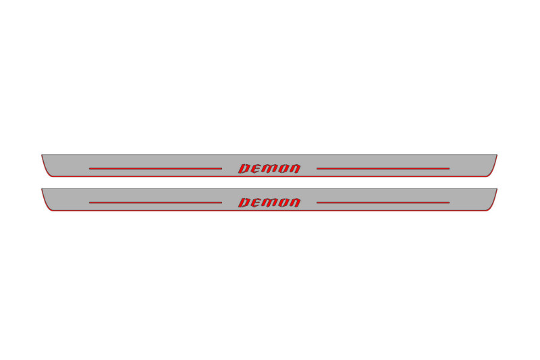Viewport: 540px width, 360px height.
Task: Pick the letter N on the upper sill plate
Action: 294,168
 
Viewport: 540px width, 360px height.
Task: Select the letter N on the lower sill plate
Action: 294,203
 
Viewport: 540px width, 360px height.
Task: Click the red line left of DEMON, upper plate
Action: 155,168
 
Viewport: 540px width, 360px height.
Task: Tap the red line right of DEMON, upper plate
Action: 383,168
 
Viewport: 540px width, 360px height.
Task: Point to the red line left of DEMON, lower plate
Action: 155,203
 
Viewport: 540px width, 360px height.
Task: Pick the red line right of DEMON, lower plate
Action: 383,203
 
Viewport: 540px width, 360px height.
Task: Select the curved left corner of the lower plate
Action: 45,205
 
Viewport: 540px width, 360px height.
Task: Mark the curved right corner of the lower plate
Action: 493,205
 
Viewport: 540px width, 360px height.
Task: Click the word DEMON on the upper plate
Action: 269,168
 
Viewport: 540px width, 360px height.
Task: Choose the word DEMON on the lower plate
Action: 269,203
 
